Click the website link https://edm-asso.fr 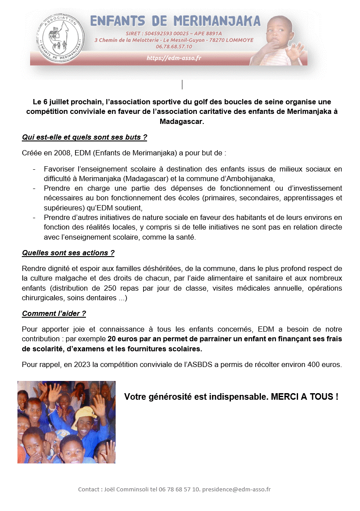(x=174, y=58)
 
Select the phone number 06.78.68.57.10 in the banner (x=174, y=47)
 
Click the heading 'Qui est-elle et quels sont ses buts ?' (x=84, y=137)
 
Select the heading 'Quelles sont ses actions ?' (x=68, y=253)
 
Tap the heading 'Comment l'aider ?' (x=54, y=313)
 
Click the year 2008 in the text (x=63, y=153)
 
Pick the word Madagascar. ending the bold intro (x=182, y=122)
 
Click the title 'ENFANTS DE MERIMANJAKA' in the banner (x=175, y=21)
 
